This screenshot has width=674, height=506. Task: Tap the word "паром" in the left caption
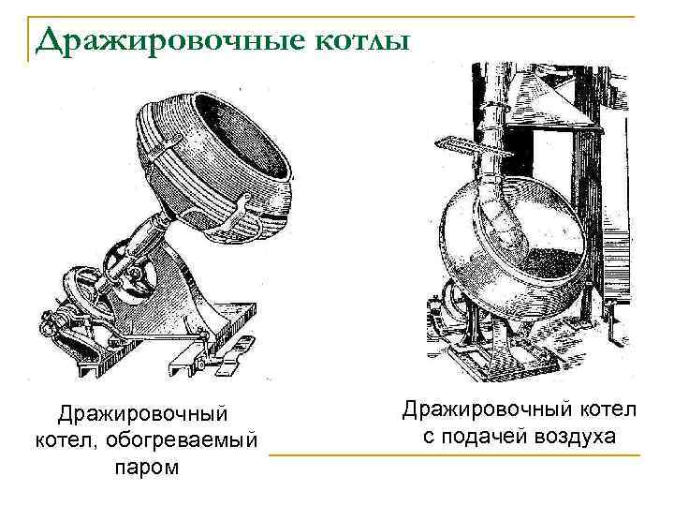[143, 465]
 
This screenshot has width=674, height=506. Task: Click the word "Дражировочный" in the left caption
[143, 412]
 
